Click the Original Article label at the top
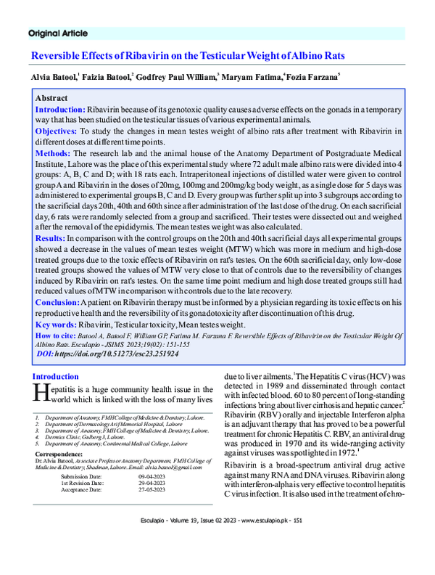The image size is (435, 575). [58, 33]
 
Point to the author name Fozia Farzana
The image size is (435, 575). [311, 77]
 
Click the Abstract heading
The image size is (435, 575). [51, 98]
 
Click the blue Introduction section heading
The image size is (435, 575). [55, 377]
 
